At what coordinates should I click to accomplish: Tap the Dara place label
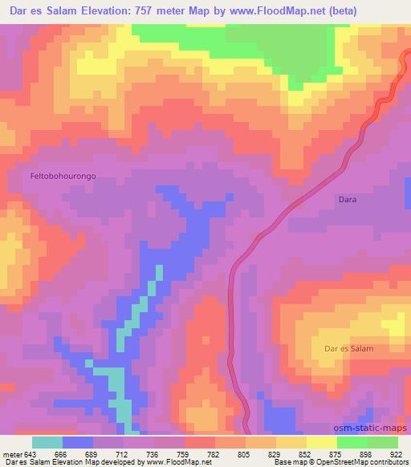[x=347, y=198]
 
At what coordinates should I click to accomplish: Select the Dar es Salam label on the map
[x=348, y=348]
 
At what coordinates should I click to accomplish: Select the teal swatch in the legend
[x=47, y=443]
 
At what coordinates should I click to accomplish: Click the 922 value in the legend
[x=397, y=453]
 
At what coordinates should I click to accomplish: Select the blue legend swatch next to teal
[x=78, y=443]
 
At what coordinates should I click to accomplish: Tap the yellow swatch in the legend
[x=322, y=443]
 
